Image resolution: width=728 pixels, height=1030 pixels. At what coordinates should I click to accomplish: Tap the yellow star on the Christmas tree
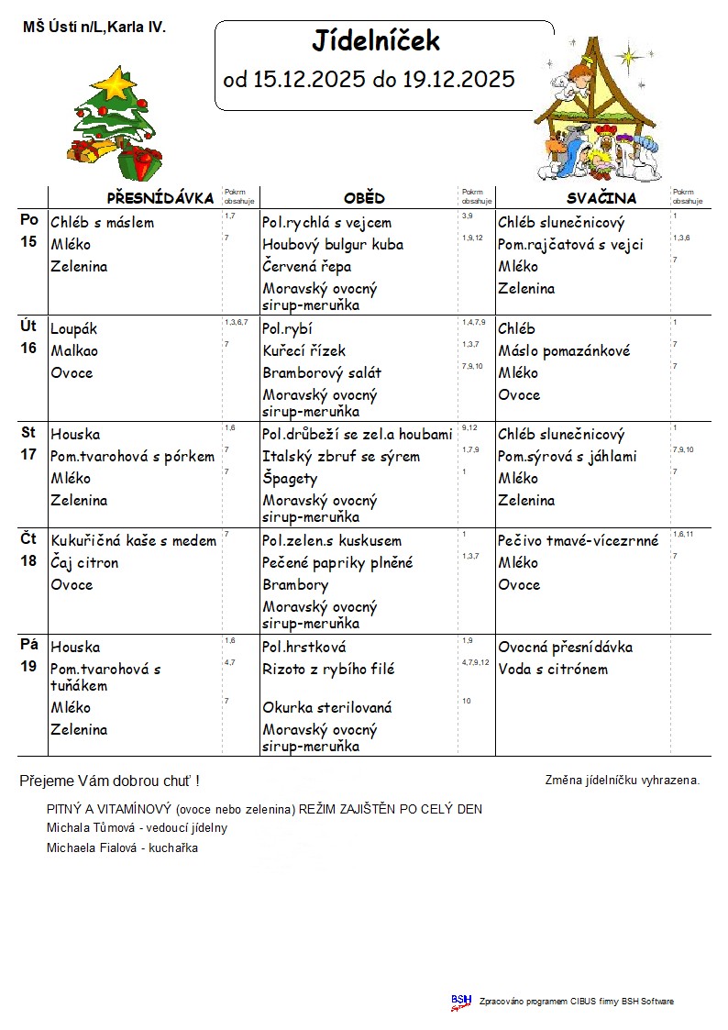coord(116,83)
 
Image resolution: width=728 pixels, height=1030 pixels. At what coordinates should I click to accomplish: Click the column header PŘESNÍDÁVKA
coord(160,198)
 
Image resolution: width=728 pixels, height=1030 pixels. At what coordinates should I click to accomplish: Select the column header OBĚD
coord(364,198)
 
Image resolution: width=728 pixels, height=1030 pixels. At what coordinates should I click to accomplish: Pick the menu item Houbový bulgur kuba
coord(333,245)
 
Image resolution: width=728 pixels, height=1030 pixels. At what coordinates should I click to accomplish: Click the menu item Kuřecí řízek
coord(304,351)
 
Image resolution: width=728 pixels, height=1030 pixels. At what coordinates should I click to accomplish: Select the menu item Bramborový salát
coord(322,373)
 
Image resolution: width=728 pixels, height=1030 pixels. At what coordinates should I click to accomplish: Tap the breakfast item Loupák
coord(74,329)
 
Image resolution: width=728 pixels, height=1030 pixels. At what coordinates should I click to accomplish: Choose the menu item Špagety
coord(290,479)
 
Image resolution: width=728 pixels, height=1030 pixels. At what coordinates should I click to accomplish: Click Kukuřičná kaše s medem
coord(134,541)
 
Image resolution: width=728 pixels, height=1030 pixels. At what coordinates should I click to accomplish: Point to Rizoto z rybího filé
coord(329,670)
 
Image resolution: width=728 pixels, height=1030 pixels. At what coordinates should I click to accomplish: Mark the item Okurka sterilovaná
coord(327,708)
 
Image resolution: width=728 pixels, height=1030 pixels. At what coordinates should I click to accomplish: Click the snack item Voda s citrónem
coord(553,670)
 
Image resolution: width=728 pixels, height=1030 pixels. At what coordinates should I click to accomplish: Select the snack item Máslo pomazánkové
coord(564,351)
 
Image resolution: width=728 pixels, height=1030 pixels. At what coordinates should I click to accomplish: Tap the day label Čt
coord(28,539)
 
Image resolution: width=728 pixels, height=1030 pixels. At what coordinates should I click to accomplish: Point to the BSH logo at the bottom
coord(460,1002)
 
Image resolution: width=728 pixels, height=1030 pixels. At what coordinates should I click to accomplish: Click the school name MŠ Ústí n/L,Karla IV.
coord(94,28)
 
